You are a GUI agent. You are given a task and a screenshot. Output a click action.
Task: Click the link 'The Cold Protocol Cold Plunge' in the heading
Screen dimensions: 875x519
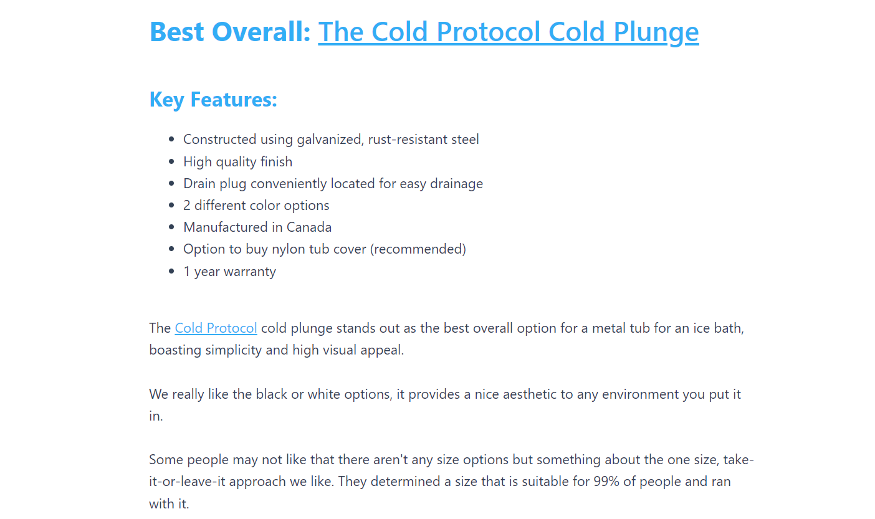508,32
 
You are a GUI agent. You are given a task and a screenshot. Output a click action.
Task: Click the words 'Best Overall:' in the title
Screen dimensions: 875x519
230,31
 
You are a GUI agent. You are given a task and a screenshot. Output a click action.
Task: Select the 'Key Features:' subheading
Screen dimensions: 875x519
213,100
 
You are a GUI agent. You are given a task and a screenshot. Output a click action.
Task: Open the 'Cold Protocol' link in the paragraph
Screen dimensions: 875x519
216,328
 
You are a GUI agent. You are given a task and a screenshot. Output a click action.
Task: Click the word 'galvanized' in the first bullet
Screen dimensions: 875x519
330,140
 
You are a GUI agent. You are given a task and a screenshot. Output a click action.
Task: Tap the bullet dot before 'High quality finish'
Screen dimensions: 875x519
171,161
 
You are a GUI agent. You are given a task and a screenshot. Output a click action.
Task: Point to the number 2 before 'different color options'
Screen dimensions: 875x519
187,206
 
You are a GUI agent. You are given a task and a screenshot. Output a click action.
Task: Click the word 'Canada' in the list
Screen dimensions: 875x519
309,227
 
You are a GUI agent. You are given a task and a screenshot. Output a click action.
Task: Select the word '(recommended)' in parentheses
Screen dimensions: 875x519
418,249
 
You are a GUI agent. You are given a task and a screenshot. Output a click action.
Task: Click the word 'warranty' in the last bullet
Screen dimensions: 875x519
250,272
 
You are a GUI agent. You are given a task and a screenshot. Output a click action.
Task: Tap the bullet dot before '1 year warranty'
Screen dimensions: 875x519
171,271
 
